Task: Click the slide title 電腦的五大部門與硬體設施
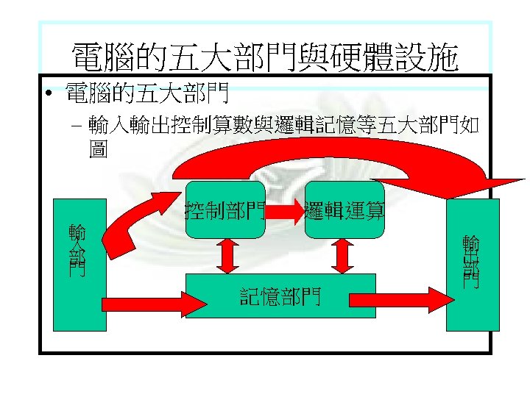click(264, 57)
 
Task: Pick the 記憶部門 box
click(280, 296)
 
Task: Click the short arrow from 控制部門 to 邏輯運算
click(286, 212)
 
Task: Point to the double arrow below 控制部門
click(226, 256)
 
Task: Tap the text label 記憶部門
click(280, 296)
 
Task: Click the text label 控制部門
click(225, 211)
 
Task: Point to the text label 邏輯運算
click(344, 211)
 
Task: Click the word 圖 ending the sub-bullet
click(96, 149)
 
